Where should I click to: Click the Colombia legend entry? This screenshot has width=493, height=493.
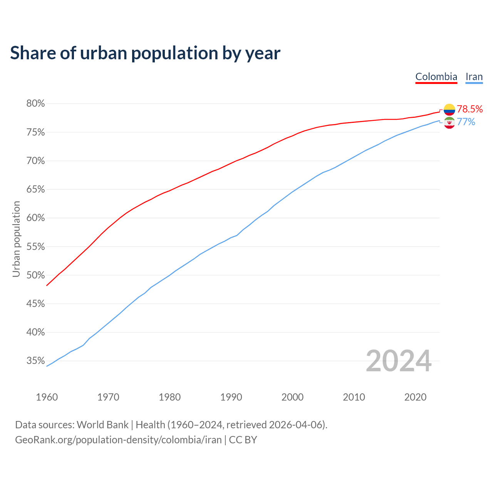(x=436, y=77)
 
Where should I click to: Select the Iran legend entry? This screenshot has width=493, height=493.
(x=474, y=77)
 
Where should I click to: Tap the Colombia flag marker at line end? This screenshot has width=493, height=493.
(x=449, y=110)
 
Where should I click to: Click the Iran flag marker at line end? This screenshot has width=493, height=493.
(x=449, y=123)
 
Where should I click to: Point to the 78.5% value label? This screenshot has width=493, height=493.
(x=470, y=109)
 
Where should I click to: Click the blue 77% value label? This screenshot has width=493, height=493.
(x=466, y=122)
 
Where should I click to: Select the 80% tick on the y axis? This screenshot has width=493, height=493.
(x=35, y=104)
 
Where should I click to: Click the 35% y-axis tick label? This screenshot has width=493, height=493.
(x=35, y=361)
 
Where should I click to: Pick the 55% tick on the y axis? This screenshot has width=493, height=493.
(x=35, y=246)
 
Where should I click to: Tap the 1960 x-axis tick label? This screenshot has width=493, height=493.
(x=47, y=397)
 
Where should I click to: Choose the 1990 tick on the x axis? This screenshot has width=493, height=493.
(x=231, y=397)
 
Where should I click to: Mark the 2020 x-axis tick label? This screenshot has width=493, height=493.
(x=415, y=397)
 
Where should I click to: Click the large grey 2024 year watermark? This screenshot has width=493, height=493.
(x=398, y=361)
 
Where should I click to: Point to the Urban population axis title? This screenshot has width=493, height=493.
(x=16, y=239)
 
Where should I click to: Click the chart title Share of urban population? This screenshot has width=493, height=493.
(x=145, y=53)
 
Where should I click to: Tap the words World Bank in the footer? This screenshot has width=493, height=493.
(x=102, y=425)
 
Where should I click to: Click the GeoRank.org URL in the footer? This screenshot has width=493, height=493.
(x=118, y=440)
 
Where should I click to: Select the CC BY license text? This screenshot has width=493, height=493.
(x=243, y=440)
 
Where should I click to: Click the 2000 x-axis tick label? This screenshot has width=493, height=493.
(x=292, y=397)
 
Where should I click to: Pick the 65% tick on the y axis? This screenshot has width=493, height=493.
(x=35, y=189)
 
